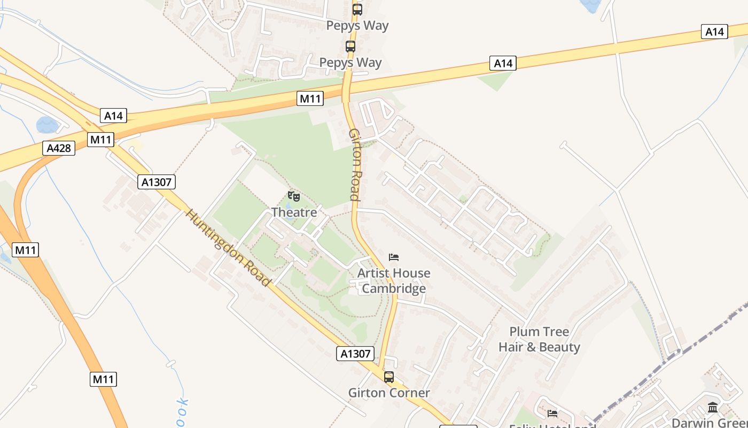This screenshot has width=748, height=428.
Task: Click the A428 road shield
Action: click(59, 148)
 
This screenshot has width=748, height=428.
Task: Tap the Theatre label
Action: click(294, 212)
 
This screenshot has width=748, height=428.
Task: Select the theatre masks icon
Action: click(294, 196)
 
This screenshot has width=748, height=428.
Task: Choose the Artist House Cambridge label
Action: click(394, 281)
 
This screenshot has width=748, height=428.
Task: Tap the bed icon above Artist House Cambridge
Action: click(394, 257)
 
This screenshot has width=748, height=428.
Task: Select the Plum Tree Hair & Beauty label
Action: click(539, 339)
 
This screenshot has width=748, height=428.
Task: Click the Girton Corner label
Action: click(389, 393)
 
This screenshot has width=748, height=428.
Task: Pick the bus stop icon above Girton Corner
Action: click(389, 377)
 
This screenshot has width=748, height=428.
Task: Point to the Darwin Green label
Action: click(710, 423)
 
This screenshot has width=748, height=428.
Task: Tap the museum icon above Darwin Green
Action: click(713, 408)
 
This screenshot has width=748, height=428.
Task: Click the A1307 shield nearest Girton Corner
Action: click(355, 354)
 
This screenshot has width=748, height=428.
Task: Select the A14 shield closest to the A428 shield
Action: click(113, 116)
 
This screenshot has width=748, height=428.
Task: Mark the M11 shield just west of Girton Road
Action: click(310, 98)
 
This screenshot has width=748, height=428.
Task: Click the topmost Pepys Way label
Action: click(357, 25)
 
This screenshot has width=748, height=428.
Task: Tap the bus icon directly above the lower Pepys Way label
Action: click(350, 47)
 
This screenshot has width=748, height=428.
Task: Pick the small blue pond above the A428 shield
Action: click(47, 125)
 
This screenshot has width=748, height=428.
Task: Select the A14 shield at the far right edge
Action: click(714, 32)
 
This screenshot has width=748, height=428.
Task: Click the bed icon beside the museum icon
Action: click(552, 413)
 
